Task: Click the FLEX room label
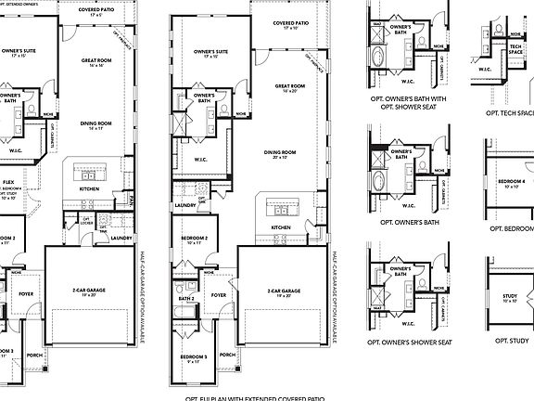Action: pyautogui.click(x=7, y=183)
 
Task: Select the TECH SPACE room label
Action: pyautogui.click(x=516, y=48)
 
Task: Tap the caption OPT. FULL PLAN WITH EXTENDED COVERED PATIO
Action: pyautogui.click(x=255, y=396)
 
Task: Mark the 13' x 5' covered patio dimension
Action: pyautogui.click(x=96, y=16)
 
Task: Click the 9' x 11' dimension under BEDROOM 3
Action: pyautogui.click(x=193, y=363)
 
